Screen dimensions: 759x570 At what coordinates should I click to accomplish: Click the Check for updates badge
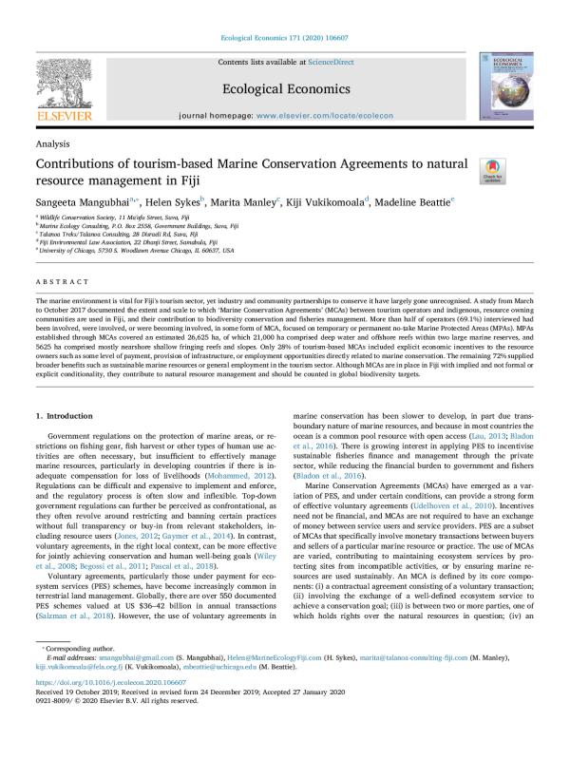(492, 170)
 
